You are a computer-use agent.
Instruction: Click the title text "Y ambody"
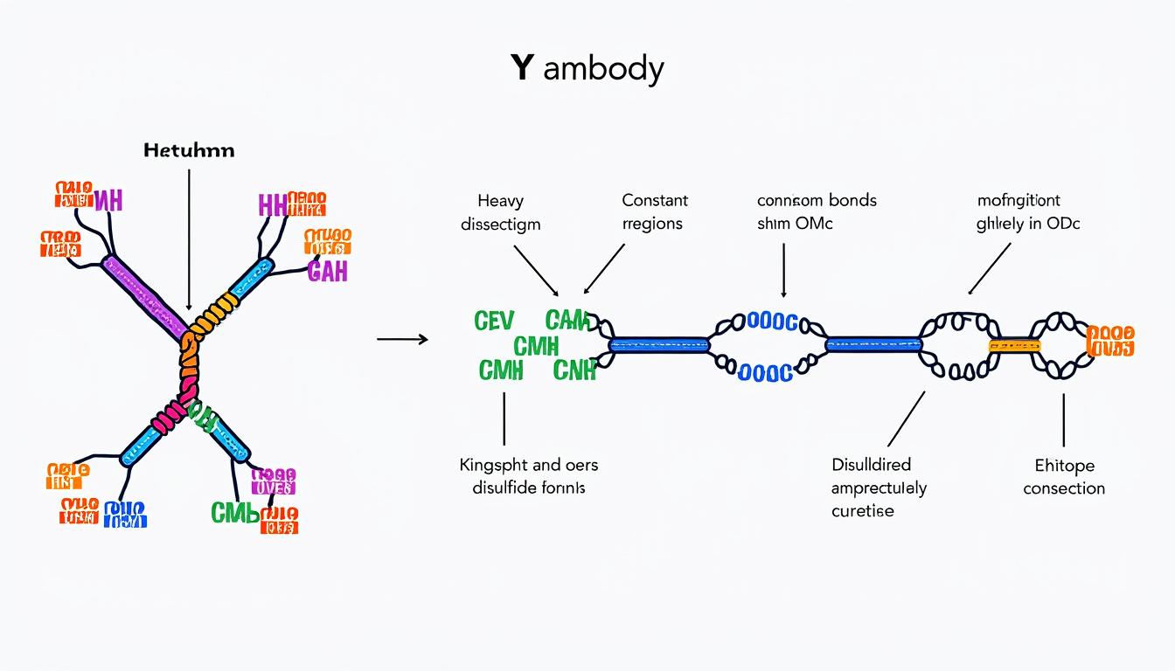click(x=587, y=68)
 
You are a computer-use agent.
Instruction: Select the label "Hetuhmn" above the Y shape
click(x=189, y=150)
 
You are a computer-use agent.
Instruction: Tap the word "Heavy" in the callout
click(x=501, y=201)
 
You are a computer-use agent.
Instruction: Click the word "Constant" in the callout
click(x=655, y=201)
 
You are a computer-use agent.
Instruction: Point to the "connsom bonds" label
click(x=817, y=201)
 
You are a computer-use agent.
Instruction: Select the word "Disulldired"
click(x=871, y=465)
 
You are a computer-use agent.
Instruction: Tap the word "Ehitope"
click(x=1064, y=466)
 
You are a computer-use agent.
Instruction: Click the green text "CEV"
click(x=494, y=322)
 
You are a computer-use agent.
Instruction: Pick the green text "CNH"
click(x=574, y=370)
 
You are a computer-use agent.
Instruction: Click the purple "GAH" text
click(x=328, y=272)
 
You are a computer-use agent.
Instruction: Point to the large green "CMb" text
click(x=234, y=513)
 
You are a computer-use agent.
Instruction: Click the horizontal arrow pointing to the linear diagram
click(x=402, y=339)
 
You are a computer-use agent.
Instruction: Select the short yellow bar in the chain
click(x=1014, y=346)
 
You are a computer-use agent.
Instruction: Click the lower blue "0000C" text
click(x=765, y=374)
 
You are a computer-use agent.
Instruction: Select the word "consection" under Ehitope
click(x=1064, y=488)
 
